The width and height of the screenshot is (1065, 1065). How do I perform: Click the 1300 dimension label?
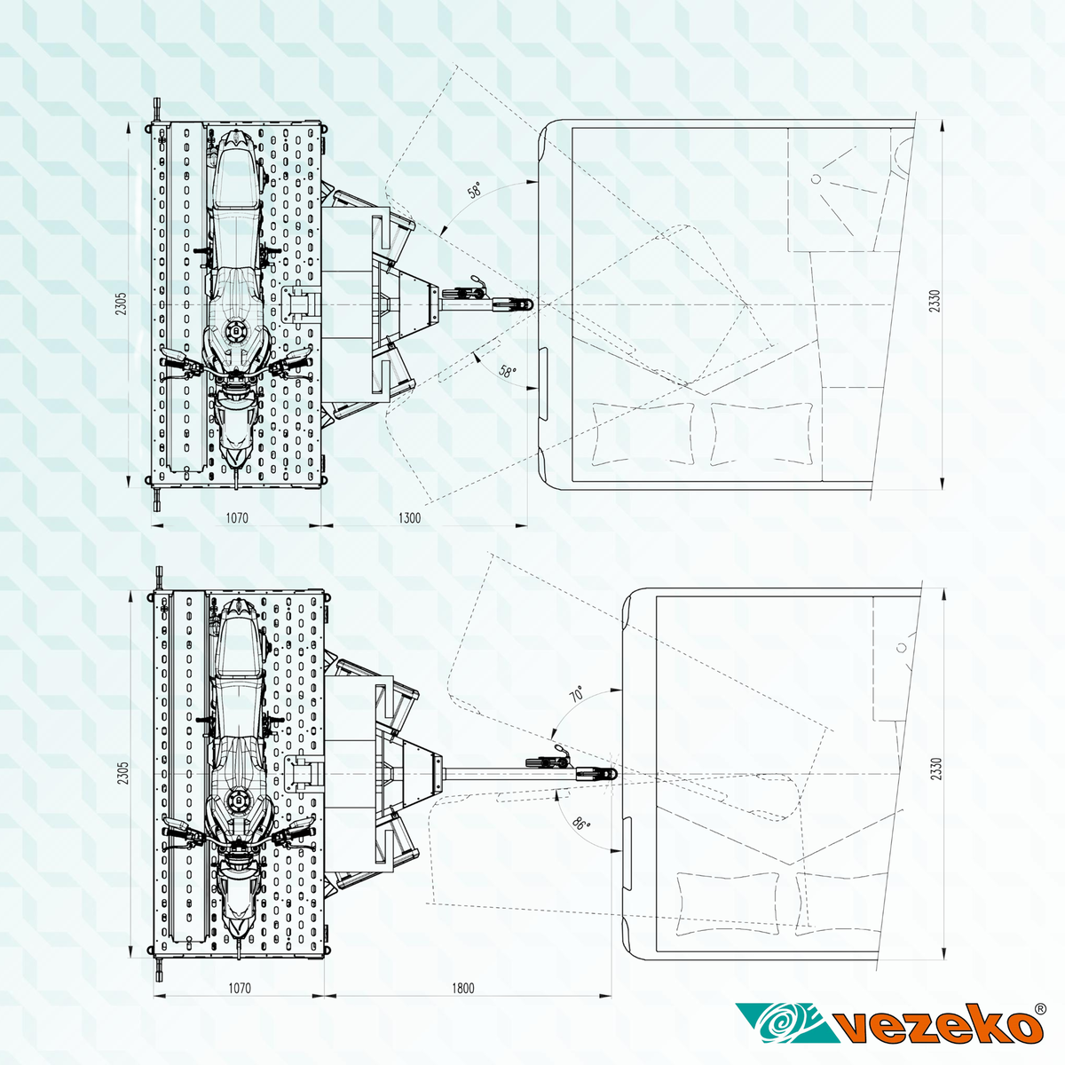(x=409, y=517)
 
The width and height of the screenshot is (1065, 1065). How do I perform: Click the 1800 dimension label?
(x=462, y=988)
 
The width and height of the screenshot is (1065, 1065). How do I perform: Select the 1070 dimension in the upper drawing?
(x=237, y=517)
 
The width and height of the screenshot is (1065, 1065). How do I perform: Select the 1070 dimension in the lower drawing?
(x=240, y=988)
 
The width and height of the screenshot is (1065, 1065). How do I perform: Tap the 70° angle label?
(x=577, y=694)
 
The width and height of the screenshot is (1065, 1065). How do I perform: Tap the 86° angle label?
(x=580, y=824)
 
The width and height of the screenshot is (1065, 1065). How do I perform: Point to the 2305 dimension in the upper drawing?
(x=121, y=304)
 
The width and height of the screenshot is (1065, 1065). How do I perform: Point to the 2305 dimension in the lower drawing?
(x=122, y=773)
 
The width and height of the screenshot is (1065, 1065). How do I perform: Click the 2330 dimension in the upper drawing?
(x=934, y=301)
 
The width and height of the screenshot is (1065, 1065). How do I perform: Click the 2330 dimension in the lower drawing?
(x=936, y=769)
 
